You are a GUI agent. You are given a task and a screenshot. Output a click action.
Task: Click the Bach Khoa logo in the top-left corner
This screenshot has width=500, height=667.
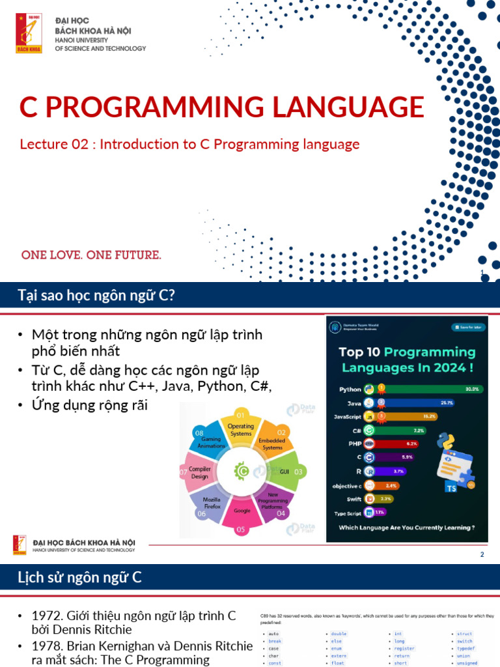click(29, 33)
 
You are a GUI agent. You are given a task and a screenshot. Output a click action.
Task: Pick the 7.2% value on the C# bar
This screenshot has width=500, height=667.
click(419, 430)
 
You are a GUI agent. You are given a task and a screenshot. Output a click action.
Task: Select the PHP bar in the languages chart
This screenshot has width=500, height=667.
click(404, 443)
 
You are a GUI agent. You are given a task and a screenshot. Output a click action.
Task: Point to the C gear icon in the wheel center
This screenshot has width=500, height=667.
click(242, 471)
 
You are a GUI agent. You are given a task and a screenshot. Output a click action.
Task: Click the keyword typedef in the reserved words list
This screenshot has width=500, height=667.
click(465, 649)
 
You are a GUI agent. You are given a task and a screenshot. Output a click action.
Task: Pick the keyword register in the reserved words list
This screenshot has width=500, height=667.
click(404, 649)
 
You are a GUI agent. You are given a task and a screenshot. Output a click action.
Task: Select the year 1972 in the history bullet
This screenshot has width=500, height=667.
click(46, 616)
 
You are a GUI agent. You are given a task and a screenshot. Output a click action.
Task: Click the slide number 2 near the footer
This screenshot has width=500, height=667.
click(482, 554)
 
